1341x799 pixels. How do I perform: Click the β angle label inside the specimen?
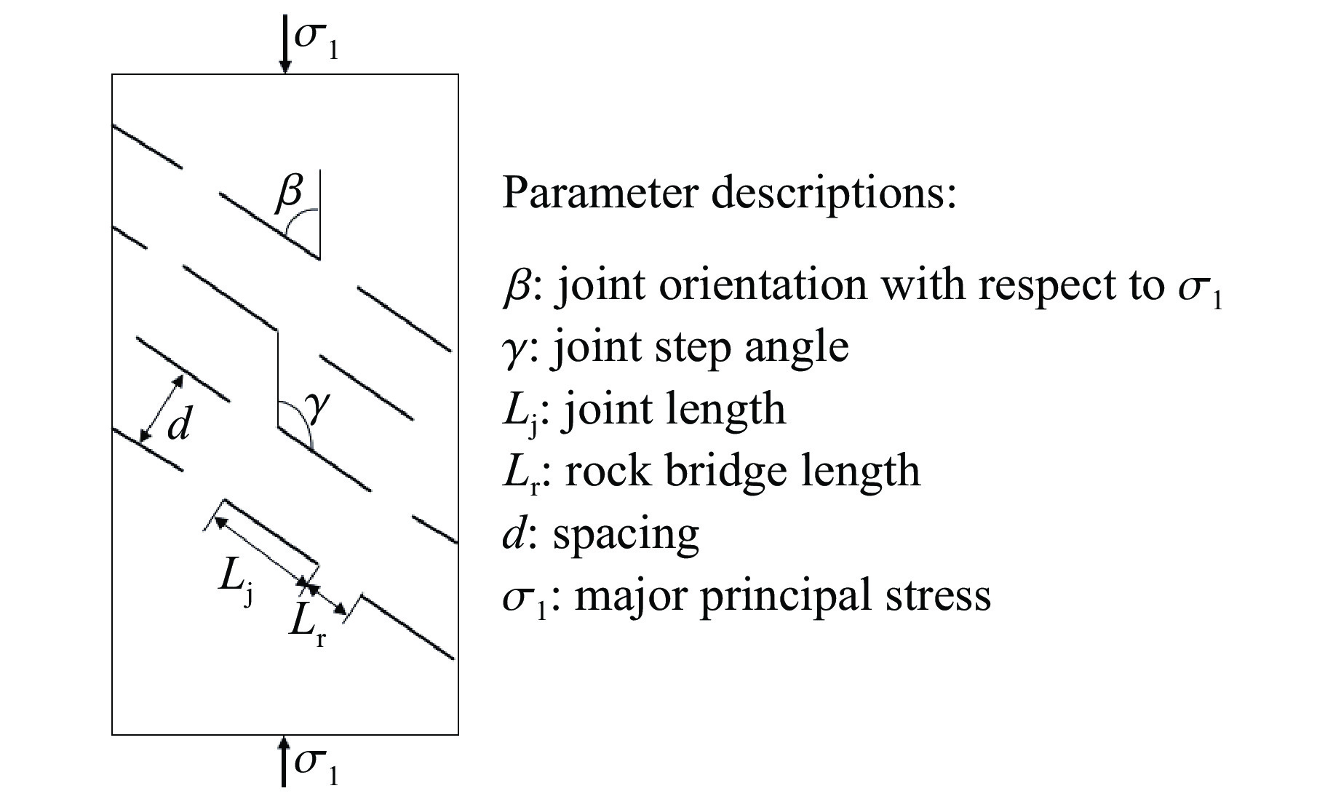point(289,193)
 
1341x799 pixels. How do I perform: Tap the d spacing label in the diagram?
point(179,424)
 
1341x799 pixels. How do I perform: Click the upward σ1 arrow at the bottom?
point(284,761)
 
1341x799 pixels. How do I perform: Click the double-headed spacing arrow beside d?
point(162,409)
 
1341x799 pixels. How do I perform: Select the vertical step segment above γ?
point(277,378)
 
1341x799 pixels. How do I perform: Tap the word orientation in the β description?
point(763,285)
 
